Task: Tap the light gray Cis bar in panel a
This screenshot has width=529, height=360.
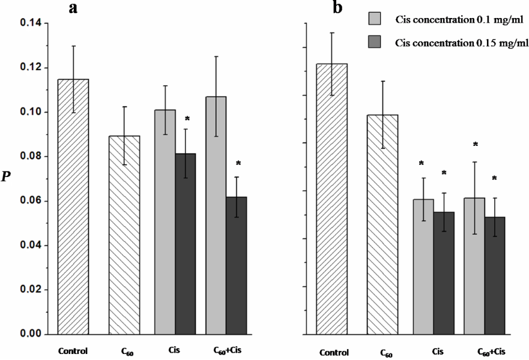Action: (x=165, y=221)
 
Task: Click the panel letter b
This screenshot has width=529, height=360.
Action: (x=339, y=8)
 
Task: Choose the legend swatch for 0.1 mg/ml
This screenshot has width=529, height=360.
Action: (x=377, y=20)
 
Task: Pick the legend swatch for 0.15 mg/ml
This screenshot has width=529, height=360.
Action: (x=377, y=43)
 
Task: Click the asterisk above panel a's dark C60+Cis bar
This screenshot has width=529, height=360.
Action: (x=238, y=163)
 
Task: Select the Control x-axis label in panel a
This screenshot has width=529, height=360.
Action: (x=73, y=350)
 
